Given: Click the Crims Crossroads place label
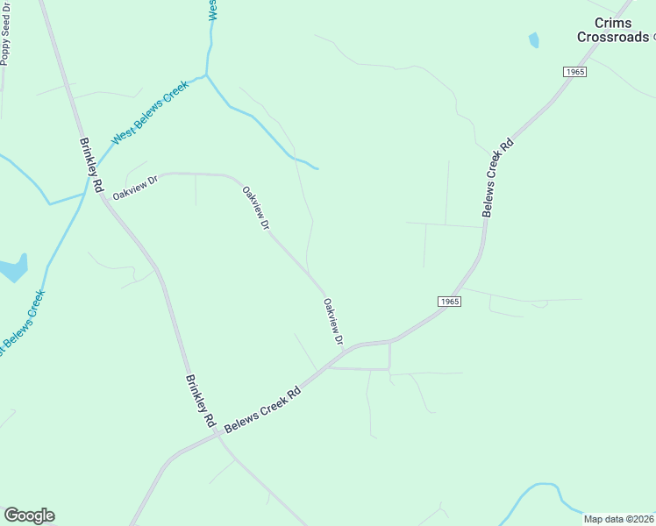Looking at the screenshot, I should (x=613, y=30).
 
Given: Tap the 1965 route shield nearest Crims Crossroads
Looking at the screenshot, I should (x=574, y=72).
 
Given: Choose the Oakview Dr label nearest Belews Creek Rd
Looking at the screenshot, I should (x=332, y=321).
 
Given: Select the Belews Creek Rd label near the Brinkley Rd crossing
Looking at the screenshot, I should (x=263, y=409).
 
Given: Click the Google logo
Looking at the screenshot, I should (x=29, y=515).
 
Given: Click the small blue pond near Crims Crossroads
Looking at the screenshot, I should (x=533, y=39).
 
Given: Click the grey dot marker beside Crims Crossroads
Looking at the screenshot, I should (x=654, y=38).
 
